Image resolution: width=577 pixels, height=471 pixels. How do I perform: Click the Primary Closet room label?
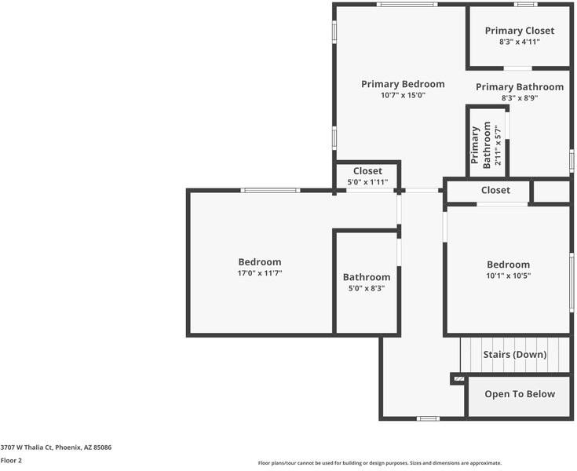point(519,31)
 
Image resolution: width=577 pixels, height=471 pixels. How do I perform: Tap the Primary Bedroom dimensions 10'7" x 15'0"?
point(403,96)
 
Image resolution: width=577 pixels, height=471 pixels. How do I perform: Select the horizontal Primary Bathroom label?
point(520,87)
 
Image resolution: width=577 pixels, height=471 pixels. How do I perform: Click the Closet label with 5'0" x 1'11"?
point(367,171)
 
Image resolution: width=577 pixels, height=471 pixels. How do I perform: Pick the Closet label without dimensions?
point(495,190)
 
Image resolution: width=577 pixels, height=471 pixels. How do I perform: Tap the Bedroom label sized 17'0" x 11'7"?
point(260,262)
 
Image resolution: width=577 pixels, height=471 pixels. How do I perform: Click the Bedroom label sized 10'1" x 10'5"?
point(508,265)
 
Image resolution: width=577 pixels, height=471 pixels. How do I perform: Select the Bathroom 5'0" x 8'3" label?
point(367,277)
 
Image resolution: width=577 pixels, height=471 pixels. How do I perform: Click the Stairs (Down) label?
point(514,355)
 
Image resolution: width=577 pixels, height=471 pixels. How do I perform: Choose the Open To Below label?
point(519,394)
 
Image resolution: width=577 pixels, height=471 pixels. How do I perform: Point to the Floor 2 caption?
point(11,461)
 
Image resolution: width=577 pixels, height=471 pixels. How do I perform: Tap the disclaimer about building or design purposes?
point(379,463)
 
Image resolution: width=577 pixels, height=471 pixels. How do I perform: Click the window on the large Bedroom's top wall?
point(270,190)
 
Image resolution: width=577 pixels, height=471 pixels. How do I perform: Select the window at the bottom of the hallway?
point(427,418)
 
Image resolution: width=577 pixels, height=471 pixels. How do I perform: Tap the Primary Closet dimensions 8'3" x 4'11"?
point(519,42)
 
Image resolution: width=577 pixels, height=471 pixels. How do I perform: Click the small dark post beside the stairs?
point(458,378)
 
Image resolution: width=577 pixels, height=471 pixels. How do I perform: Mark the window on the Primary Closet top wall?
point(525,5)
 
